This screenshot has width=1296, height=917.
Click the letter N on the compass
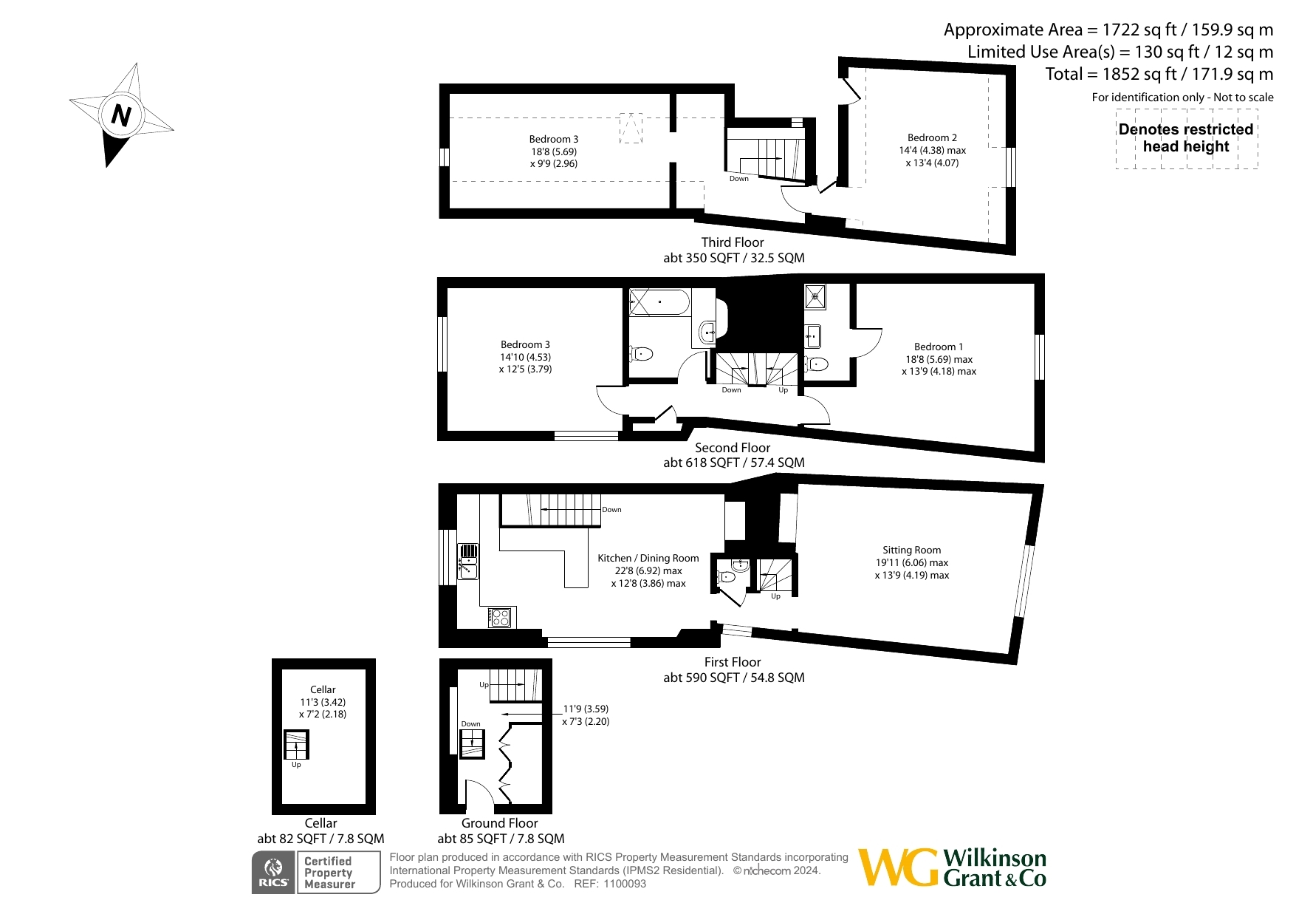pyautogui.click(x=121, y=115)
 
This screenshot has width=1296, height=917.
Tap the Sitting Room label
pyautogui.click(x=911, y=550)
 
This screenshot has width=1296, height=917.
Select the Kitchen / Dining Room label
pyautogui.click(x=648, y=558)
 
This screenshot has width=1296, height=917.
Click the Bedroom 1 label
pyautogui.click(x=938, y=347)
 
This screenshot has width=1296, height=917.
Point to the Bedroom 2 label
pyautogui.click(x=932, y=137)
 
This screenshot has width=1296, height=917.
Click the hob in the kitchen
pyautogui.click(x=500, y=616)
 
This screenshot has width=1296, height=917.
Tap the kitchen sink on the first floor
pyautogui.click(x=469, y=561)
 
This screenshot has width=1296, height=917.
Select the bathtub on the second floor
pyautogui.click(x=659, y=302)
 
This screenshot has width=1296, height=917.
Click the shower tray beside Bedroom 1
pyautogui.click(x=815, y=297)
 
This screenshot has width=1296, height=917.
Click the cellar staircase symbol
pyautogui.click(x=296, y=745)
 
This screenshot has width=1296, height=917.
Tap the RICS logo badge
pyautogui.click(x=273, y=873)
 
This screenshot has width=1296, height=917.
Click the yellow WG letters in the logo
pyautogui.click(x=899, y=867)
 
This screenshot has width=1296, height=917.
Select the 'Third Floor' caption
pyautogui.click(x=733, y=242)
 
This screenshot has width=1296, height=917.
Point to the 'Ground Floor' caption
pyautogui.click(x=500, y=823)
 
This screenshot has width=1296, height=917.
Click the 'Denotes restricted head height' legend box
pyautogui.click(x=1186, y=138)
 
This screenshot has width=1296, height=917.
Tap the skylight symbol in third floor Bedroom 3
pyautogui.click(x=630, y=128)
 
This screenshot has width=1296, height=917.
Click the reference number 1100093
pyautogui.click(x=625, y=884)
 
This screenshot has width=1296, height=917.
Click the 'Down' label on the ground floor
pyautogui.click(x=470, y=724)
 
